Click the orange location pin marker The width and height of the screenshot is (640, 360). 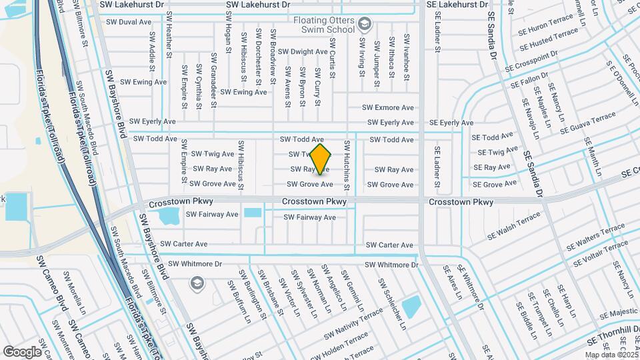pos(321,159)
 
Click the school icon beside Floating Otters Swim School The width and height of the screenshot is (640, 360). pos(364,25)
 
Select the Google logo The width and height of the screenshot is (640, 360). pos(22,351)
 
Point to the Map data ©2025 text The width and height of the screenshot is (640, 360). pos(611,355)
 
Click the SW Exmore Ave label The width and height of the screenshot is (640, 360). pos(388,107)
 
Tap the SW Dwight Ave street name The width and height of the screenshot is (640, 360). pos(303,51)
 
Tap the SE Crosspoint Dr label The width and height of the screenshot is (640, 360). pos(531,63)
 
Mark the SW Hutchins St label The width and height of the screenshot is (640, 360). pos(347,161)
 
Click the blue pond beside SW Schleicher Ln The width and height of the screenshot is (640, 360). pos(411,306)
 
